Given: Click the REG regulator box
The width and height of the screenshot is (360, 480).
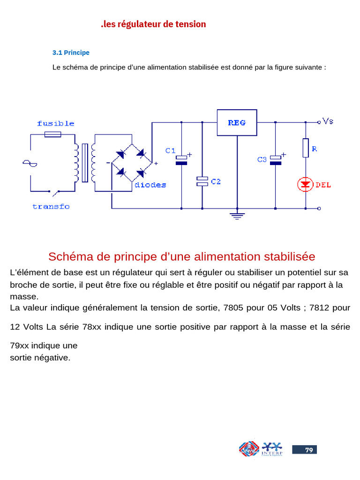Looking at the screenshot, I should pyautogui.click(x=237, y=123).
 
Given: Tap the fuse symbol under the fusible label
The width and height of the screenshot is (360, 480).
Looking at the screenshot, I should pyautogui.click(x=52, y=135).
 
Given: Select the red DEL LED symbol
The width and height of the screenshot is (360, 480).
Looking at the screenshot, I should pyautogui.click(x=306, y=185).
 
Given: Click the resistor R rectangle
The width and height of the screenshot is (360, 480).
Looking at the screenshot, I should pyautogui.click(x=306, y=148).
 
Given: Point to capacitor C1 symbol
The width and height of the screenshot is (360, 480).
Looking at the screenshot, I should pyautogui.click(x=181, y=160).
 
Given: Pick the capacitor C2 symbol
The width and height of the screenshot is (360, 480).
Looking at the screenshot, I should pyautogui.click(x=202, y=181).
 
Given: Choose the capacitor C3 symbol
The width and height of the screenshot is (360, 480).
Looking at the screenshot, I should pyautogui.click(x=276, y=160).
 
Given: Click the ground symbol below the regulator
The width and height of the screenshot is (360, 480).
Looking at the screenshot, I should pyautogui.click(x=237, y=216).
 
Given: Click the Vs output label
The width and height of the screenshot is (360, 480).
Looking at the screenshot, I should pyautogui.click(x=328, y=121).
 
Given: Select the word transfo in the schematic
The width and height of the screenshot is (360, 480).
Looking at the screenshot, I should pyautogui.click(x=51, y=206).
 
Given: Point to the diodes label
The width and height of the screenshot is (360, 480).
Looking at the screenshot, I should pyautogui.click(x=150, y=185).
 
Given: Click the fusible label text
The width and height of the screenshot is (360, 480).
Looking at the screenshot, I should pyautogui.click(x=56, y=124).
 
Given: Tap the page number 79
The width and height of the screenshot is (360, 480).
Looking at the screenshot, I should pyautogui.click(x=309, y=450).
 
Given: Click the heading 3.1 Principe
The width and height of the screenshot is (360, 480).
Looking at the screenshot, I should pyautogui.click(x=70, y=52).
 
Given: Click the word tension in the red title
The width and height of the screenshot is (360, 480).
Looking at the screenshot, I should pyautogui.click(x=190, y=24).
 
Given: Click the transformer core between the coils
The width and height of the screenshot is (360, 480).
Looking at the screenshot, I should pyautogui.click(x=85, y=163).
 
